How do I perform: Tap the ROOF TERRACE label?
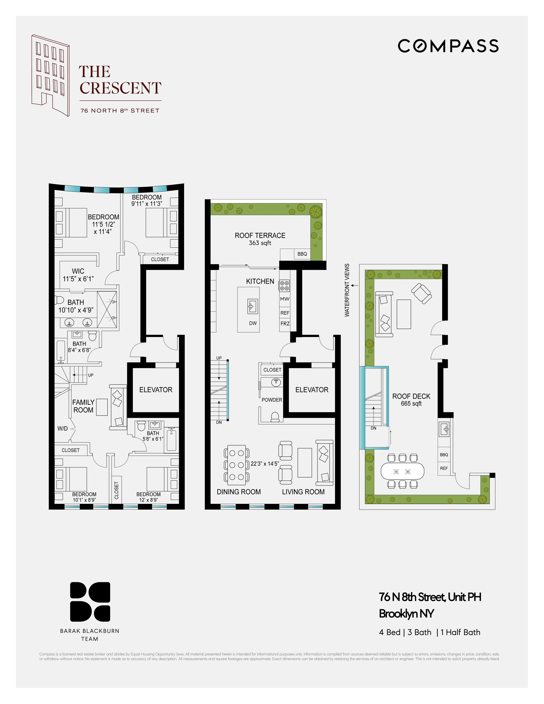260,236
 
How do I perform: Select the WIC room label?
78,271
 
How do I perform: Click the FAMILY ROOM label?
83,406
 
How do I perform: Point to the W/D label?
63,428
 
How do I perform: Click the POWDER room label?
272,400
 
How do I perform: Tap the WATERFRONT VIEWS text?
347,290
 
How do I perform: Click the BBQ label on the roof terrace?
302,254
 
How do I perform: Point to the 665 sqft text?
411,404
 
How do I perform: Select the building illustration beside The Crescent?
51,75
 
